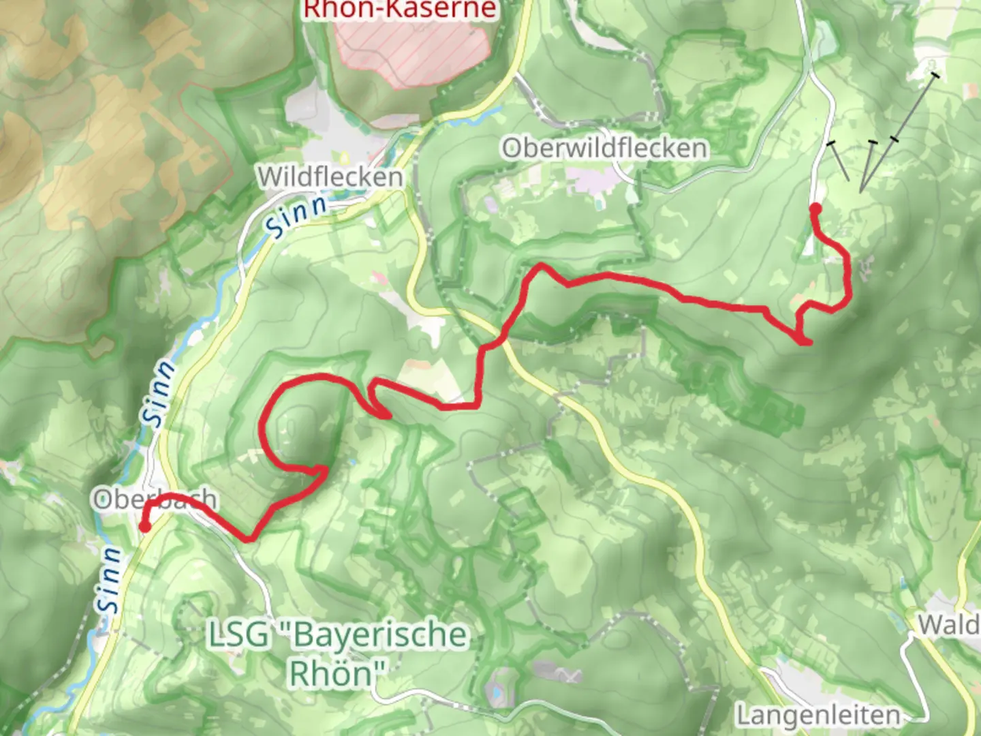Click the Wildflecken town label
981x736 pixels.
pyautogui.click(x=330, y=177)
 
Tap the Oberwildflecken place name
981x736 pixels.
pyautogui.click(x=605, y=148)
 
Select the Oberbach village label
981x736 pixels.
pyautogui.click(x=155, y=500)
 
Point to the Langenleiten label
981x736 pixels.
pyautogui.click(x=818, y=715)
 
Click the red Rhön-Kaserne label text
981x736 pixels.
pyautogui.click(x=400, y=10)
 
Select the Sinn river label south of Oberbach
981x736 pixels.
pyautogui.click(x=110, y=579)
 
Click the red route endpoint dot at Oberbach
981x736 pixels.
pyautogui.click(x=145, y=526)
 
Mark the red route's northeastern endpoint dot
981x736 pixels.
pyautogui.click(x=815, y=208)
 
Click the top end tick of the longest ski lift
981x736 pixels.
pyautogui.click(x=935, y=74)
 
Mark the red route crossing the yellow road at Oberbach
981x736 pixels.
pyautogui.click(x=151, y=505)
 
